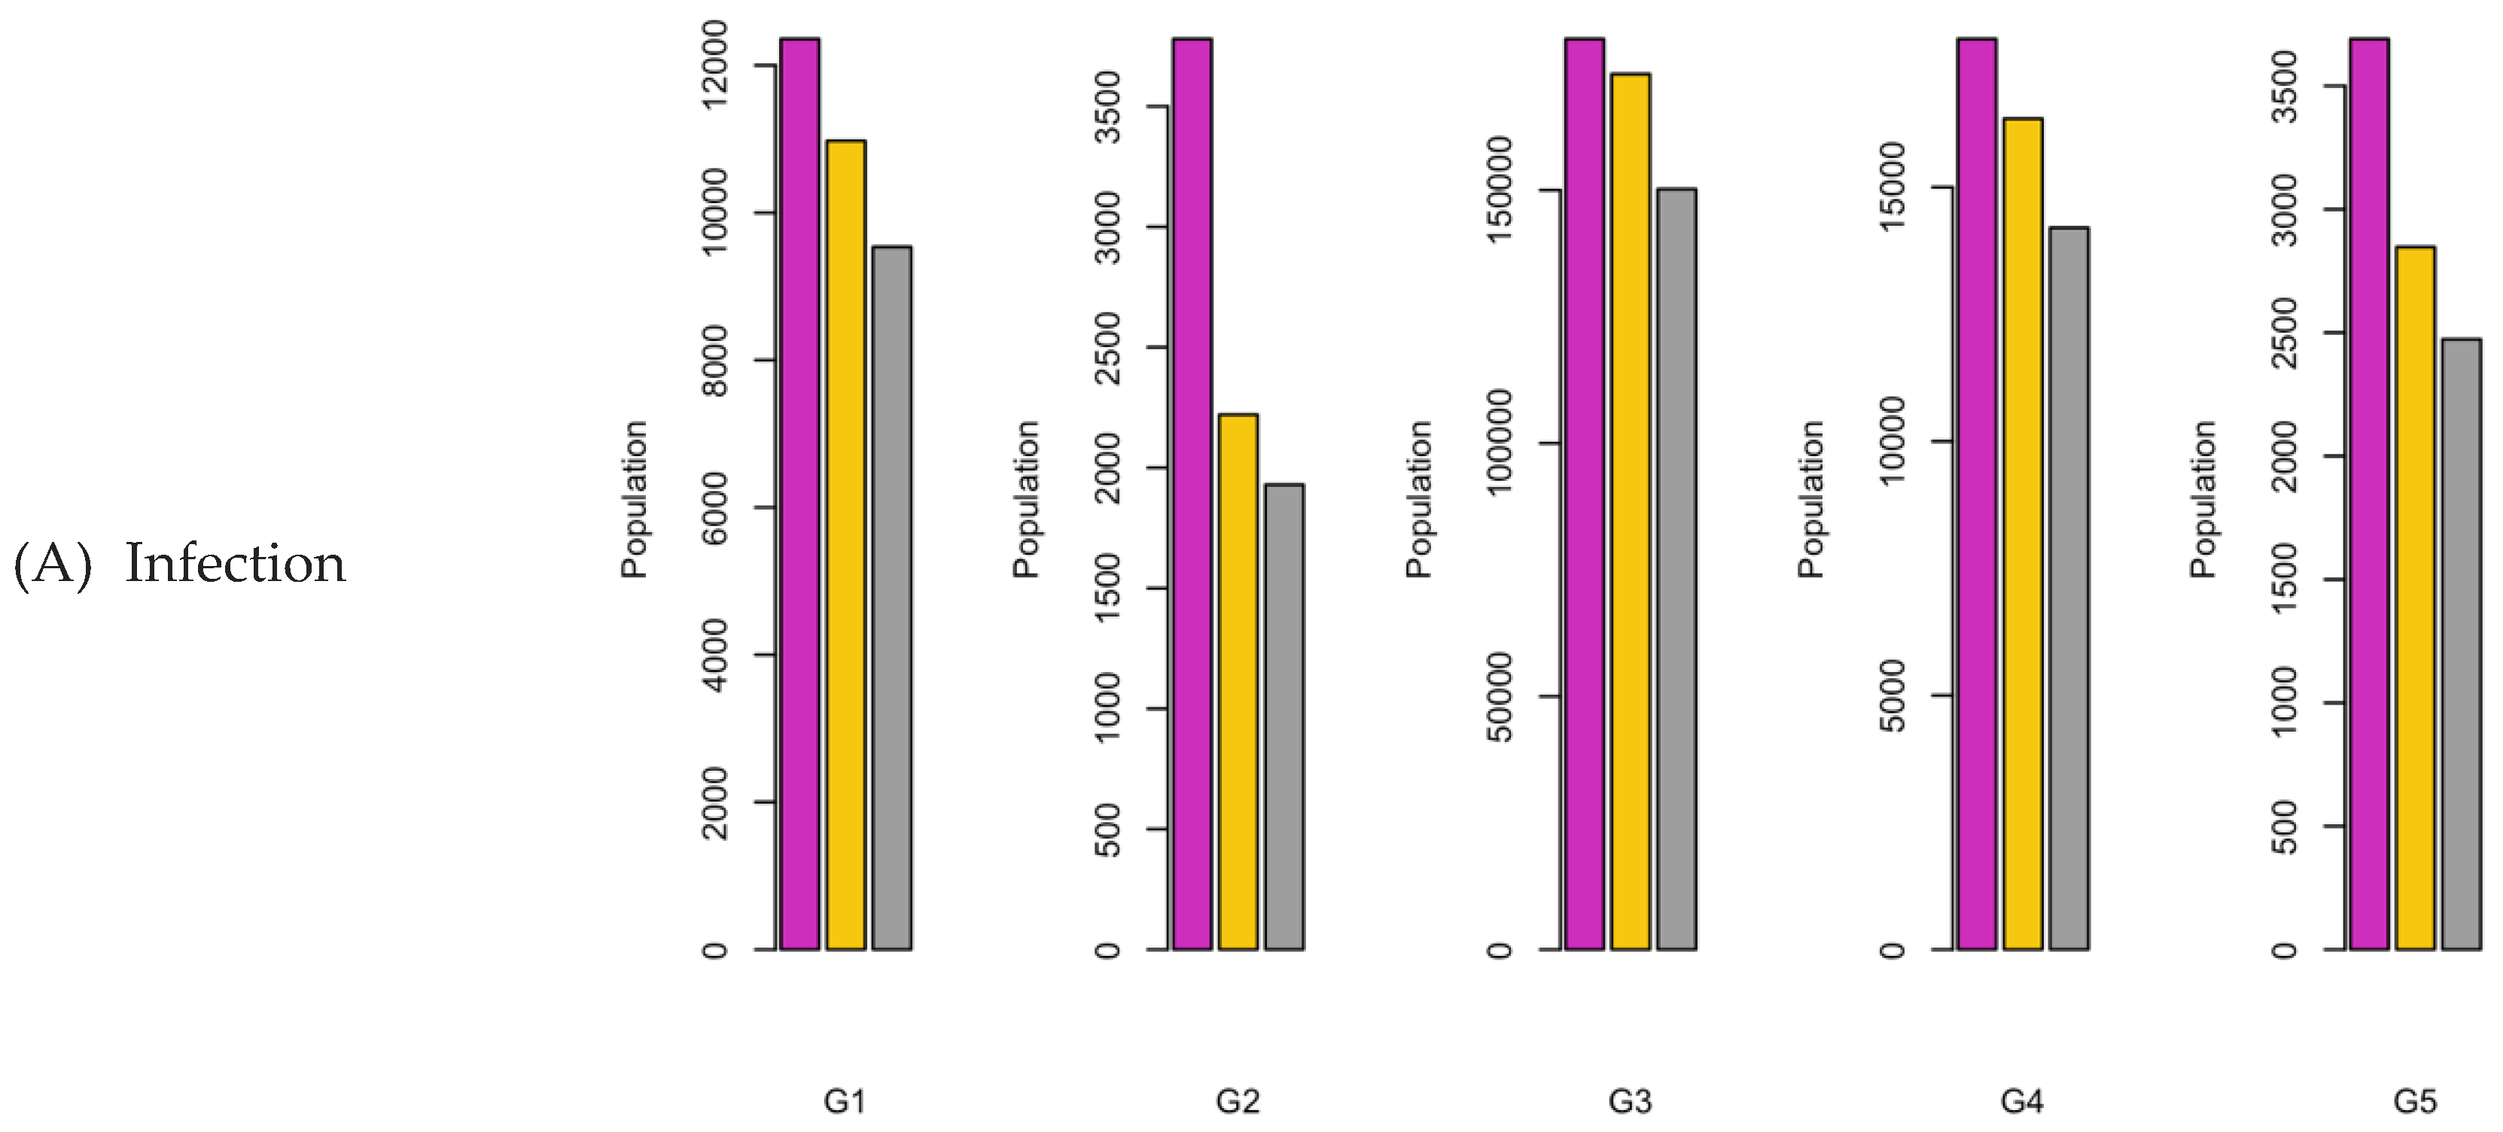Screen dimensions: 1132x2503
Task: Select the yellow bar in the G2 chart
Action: [1238, 681]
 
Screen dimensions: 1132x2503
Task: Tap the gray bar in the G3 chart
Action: [1677, 568]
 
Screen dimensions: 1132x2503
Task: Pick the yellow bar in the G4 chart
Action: [2023, 534]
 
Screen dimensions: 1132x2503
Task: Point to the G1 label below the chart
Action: [845, 1101]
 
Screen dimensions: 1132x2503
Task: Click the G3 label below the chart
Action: [1630, 1101]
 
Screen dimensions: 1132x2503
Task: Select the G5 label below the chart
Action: [2415, 1101]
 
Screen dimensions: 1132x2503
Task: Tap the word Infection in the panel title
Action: [235, 564]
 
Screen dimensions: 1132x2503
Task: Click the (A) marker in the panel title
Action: [53, 564]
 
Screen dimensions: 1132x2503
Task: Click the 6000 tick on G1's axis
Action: [715, 507]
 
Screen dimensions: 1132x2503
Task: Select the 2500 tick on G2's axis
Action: [1107, 348]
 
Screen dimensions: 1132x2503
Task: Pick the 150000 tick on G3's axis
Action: [1500, 190]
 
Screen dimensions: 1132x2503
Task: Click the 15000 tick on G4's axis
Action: [1892, 187]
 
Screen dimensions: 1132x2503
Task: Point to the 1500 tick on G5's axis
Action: [2285, 579]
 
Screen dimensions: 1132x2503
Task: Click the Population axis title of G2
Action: [1026, 500]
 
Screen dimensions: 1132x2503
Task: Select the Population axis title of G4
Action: [1810, 500]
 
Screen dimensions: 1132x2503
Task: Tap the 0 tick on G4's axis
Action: [1892, 949]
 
